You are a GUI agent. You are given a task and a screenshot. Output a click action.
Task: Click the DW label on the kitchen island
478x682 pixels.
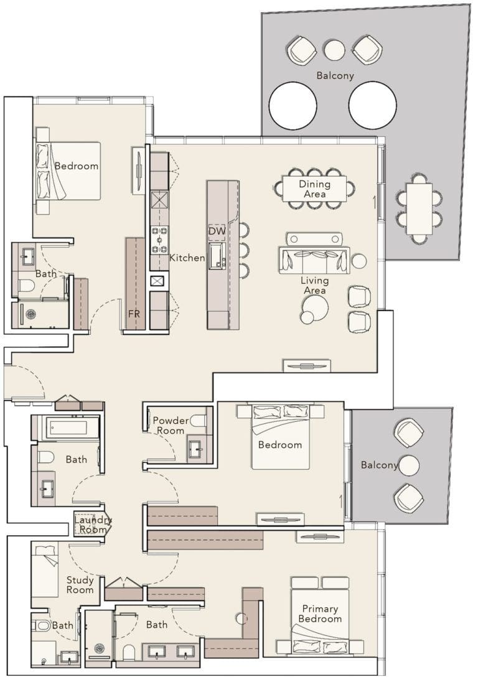(x=216, y=231)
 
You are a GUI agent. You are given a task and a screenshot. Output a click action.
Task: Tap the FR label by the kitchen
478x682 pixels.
(x=134, y=314)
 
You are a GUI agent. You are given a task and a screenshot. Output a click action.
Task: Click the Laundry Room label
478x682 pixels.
(x=93, y=525)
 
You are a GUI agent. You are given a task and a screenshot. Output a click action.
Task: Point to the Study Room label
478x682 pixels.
(x=80, y=585)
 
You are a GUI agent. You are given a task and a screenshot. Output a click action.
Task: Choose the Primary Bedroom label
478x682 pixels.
(x=320, y=614)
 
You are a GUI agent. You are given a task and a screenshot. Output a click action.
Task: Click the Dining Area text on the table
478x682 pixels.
(x=314, y=189)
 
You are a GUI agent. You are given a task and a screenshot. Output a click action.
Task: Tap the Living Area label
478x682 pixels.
(x=315, y=286)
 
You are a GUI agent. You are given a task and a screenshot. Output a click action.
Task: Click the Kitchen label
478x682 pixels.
(x=187, y=258)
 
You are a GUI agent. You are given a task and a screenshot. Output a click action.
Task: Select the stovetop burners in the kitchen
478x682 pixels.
(x=159, y=240)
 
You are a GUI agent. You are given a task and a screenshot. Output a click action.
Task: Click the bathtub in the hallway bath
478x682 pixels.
(x=67, y=427)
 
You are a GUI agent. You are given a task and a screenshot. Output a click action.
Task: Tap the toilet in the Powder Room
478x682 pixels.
(x=199, y=421)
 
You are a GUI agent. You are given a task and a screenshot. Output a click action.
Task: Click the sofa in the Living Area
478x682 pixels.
(x=314, y=260)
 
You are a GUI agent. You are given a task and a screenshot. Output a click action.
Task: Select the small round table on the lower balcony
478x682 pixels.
(x=409, y=465)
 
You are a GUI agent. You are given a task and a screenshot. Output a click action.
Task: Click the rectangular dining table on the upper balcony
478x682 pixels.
(x=419, y=208)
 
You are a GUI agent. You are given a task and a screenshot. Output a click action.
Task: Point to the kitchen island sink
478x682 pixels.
(x=217, y=256)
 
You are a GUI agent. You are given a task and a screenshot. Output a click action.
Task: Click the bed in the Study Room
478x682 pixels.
(x=45, y=569)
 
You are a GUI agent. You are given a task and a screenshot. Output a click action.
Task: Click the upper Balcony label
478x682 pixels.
(x=335, y=76)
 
